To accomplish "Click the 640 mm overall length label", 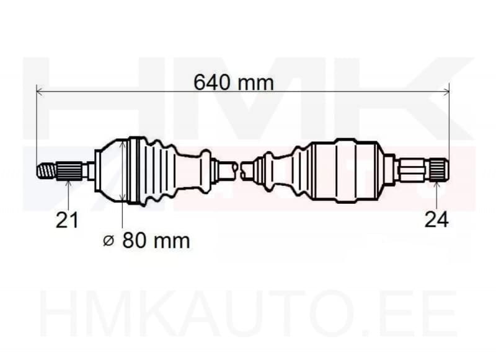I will (233, 81).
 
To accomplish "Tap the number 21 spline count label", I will (67, 219).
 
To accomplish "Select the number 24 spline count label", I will (436, 219).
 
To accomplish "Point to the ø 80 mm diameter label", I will (146, 240).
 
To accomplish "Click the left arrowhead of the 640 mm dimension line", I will (40, 91).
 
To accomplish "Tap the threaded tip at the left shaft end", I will (46, 170).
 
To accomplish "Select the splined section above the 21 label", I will (69, 170).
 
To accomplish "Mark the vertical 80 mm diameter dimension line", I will (123, 170).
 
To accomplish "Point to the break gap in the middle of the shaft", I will (240, 169).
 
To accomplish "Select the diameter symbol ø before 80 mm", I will (108, 241).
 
